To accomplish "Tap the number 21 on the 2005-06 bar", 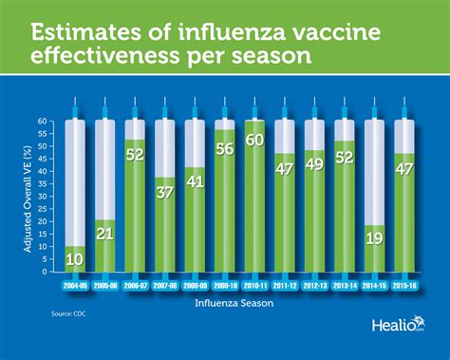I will click(106, 235).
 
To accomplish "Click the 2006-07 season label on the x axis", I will click(137, 286).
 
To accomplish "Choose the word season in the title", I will click(265, 56).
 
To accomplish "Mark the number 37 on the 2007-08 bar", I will click(165, 193).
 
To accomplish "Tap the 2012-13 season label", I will click(313, 286).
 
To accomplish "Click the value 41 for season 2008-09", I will click(196, 181).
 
